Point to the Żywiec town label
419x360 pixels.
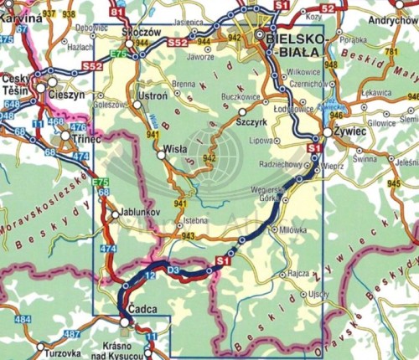tap(346, 131)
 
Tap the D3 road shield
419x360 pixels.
tap(173, 270)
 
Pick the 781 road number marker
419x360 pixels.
tap(391, 54)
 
